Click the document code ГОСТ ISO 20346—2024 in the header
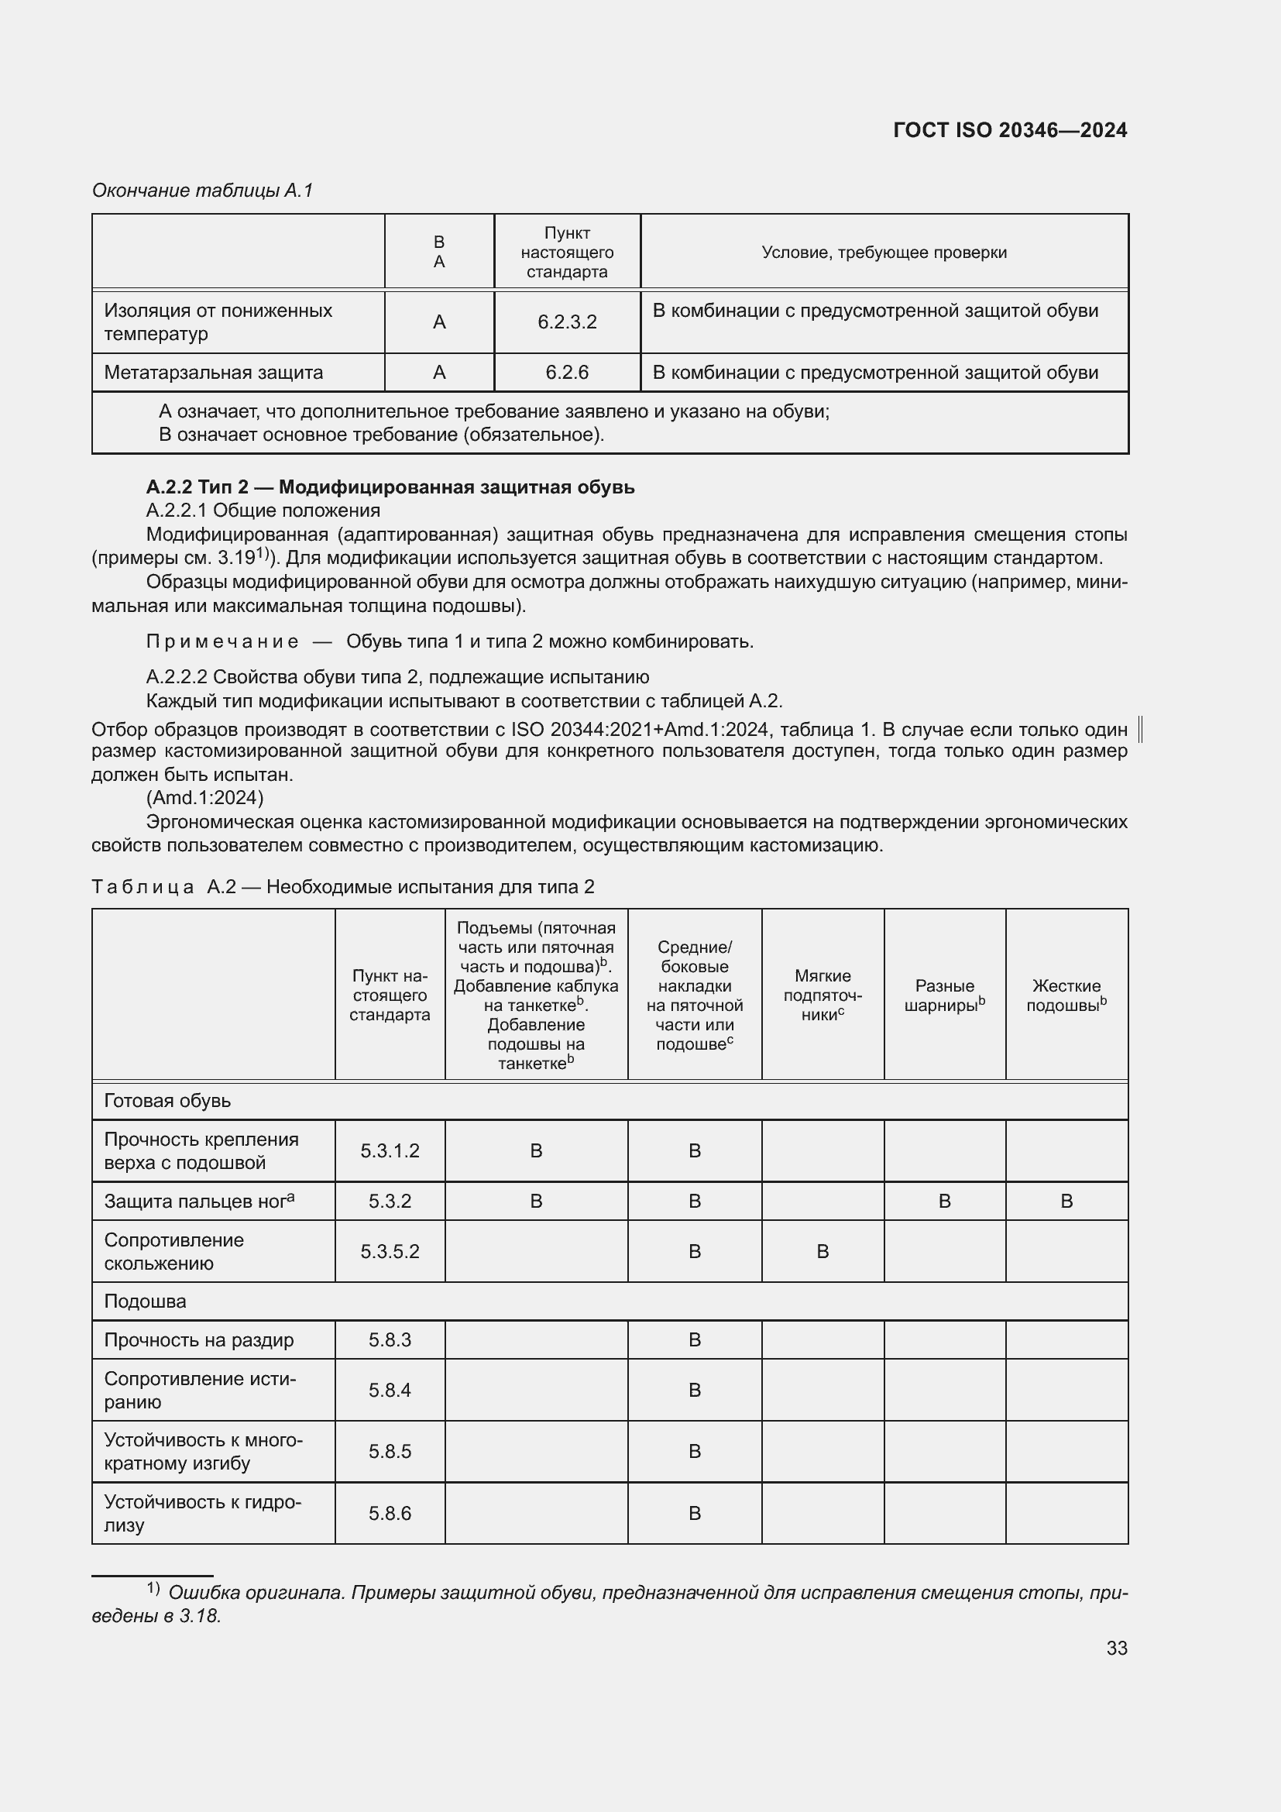1010,130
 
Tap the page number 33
1116,1648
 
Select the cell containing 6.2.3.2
566,322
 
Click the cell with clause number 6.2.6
566,373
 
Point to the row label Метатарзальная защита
214,373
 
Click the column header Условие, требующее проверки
884,253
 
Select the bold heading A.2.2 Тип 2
390,487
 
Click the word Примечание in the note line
222,641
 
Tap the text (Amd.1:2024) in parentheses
204,798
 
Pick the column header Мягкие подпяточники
822,995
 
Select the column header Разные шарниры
944,995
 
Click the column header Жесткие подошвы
1066,995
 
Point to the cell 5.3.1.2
390,1150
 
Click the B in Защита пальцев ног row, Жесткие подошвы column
1066,1202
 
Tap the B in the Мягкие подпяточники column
822,1252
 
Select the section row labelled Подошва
145,1301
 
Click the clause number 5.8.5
390,1451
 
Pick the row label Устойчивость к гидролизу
203,1513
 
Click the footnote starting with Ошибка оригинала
609,1604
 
